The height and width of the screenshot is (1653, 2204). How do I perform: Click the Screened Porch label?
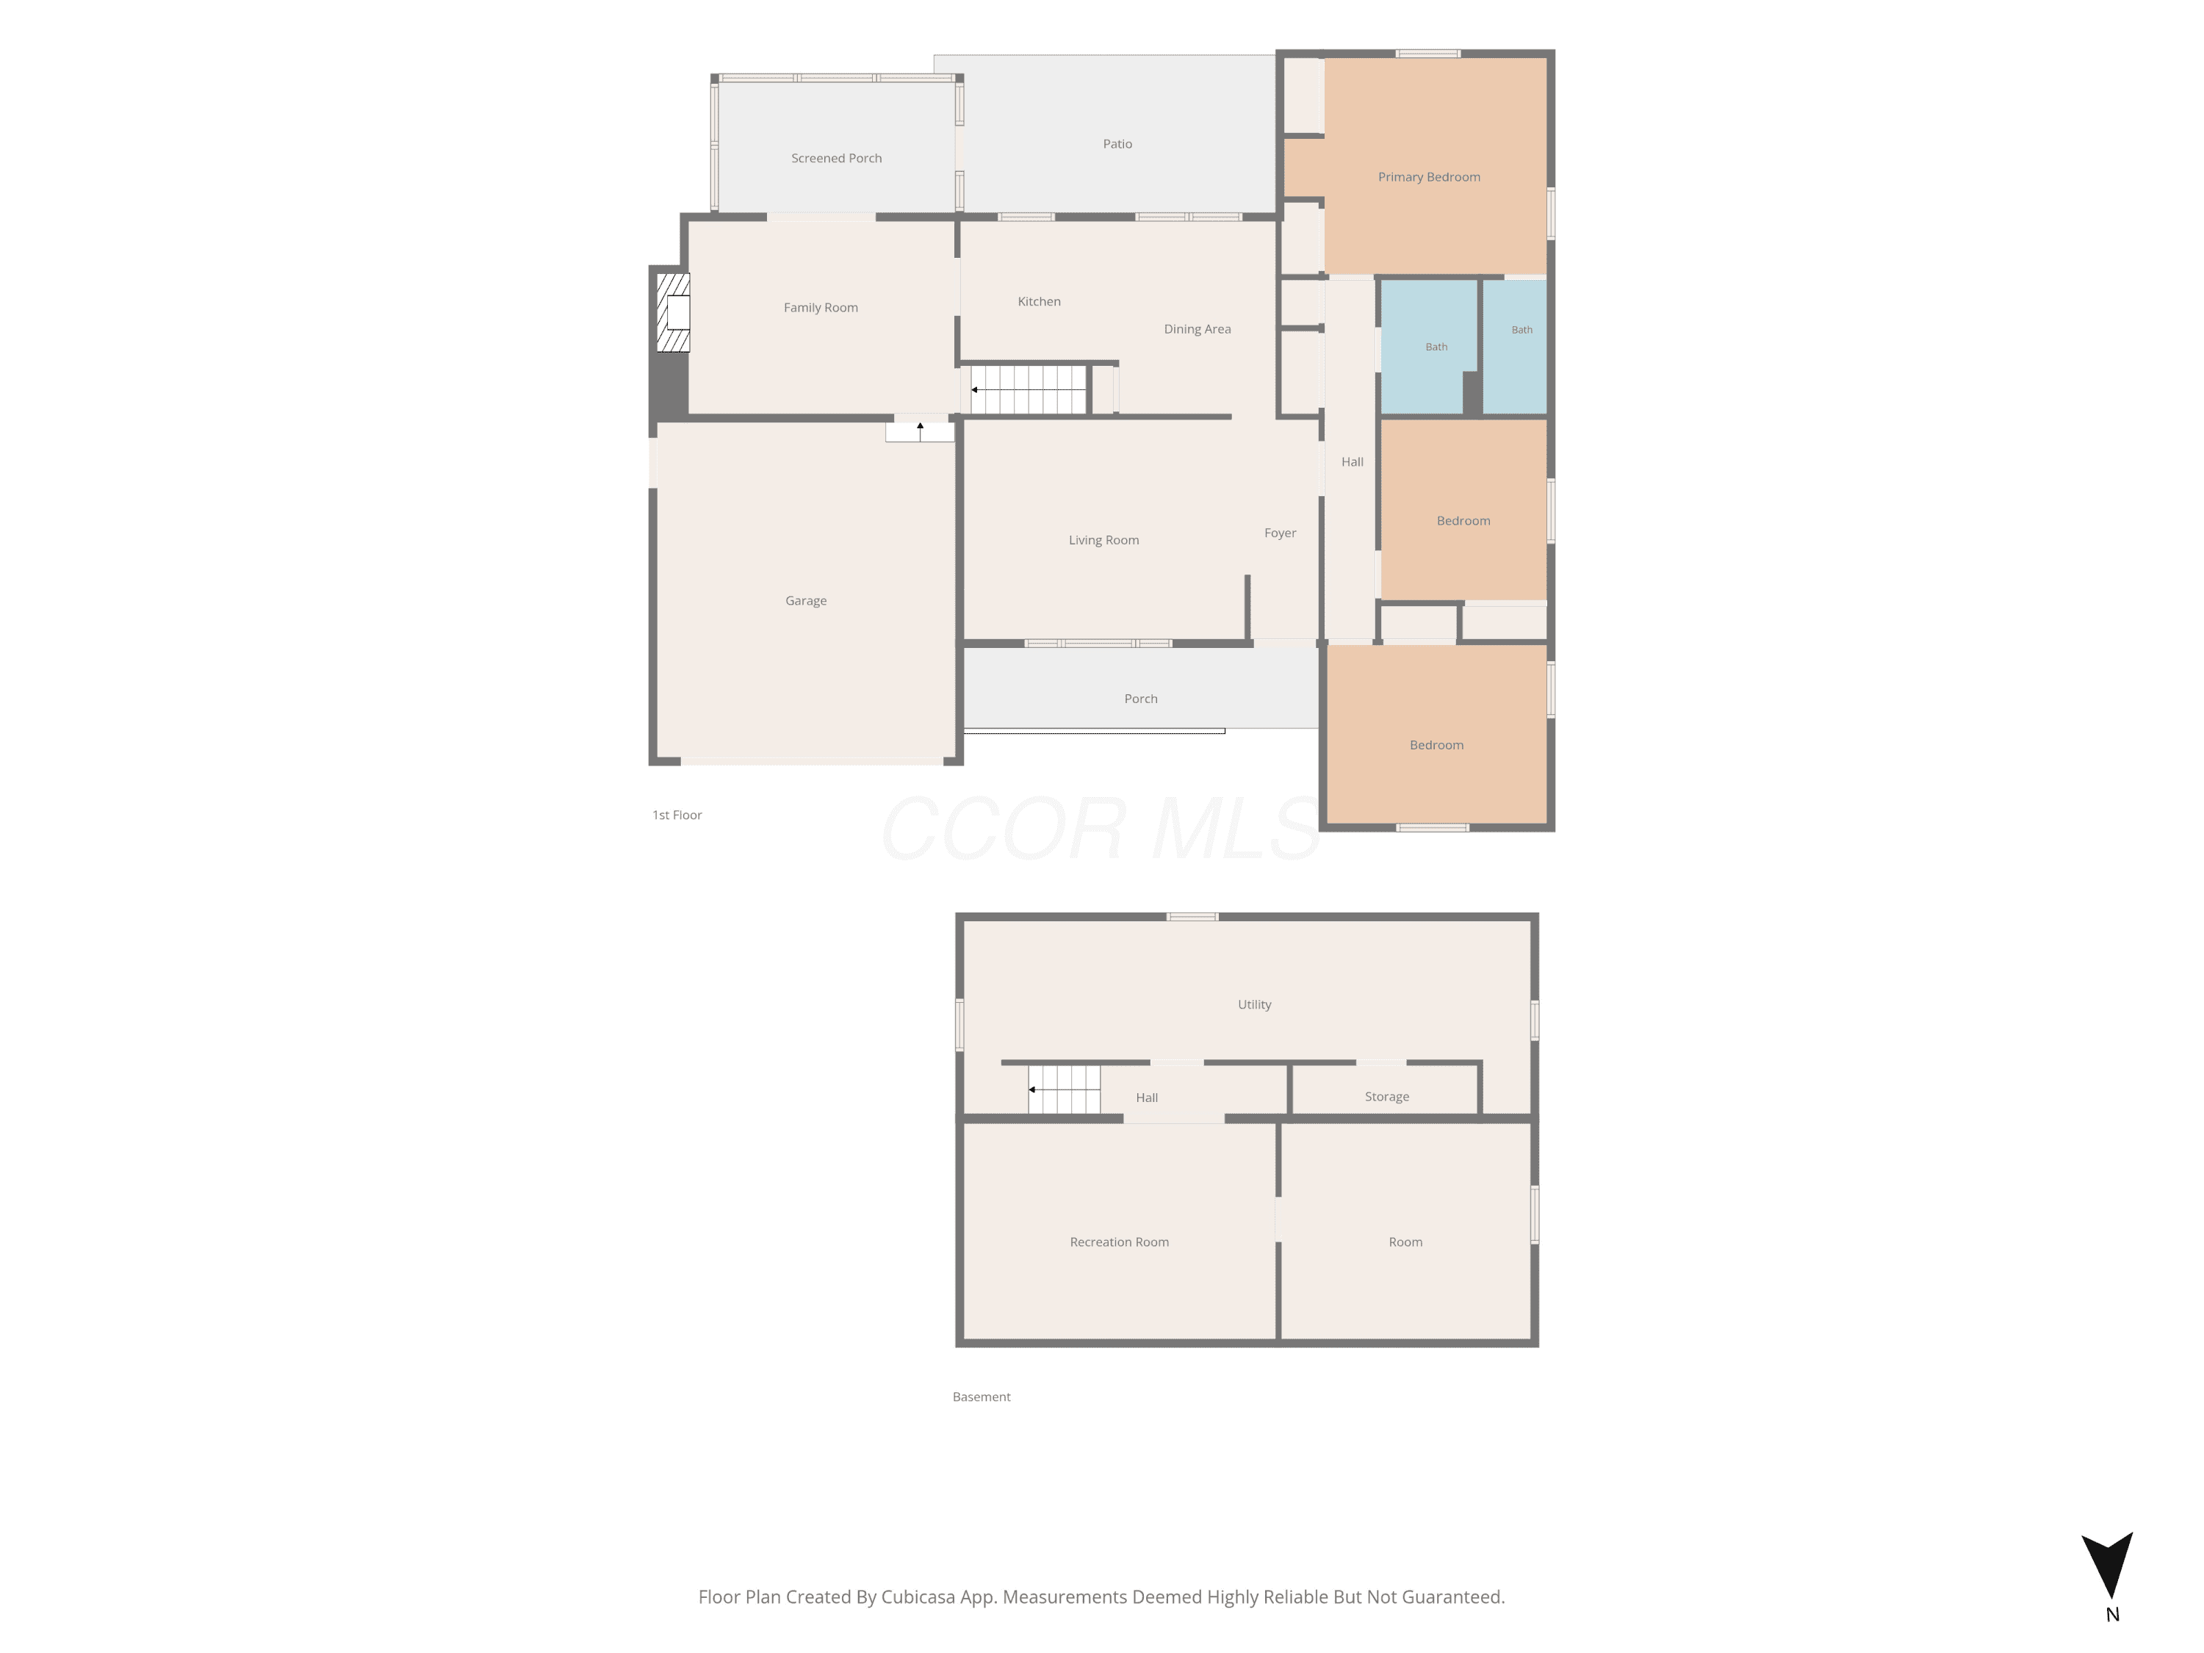point(836,159)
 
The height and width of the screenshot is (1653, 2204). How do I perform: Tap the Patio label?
point(1117,143)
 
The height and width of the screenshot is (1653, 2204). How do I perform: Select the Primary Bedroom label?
point(1429,177)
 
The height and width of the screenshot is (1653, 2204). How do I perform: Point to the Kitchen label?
point(1038,301)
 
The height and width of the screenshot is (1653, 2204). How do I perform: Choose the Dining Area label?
point(1197,329)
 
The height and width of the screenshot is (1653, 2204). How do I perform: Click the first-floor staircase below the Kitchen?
point(1029,389)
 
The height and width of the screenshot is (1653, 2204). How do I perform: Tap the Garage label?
point(805,601)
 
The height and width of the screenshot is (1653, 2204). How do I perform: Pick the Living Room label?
point(1103,540)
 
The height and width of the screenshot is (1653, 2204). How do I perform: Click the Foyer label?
point(1279,533)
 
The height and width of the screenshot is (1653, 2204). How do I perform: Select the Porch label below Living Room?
point(1140,699)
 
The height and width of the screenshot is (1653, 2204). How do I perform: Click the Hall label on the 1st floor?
point(1351,461)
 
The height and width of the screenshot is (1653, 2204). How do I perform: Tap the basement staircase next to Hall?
point(1064,1089)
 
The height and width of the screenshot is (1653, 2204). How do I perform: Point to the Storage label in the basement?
point(1386,1097)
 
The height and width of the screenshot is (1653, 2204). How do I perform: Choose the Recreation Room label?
point(1119,1242)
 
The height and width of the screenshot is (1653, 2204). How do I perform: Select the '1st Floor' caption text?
point(677,815)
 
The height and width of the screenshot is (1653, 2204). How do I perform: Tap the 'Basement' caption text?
point(981,1397)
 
